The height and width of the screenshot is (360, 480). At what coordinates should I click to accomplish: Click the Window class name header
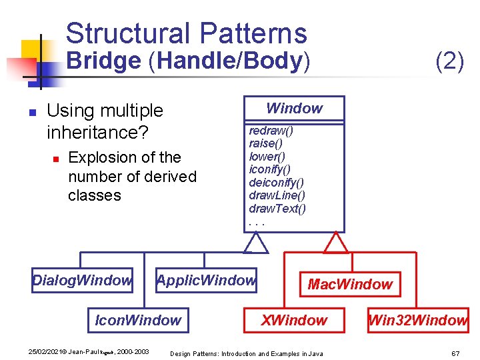click(x=294, y=108)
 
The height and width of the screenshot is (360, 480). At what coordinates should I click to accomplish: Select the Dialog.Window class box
click(x=82, y=281)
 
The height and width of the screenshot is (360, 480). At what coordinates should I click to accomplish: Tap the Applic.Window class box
click(x=206, y=281)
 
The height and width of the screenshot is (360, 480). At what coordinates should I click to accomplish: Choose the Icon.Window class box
click(x=138, y=321)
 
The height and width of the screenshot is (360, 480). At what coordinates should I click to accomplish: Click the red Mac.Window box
click(x=350, y=285)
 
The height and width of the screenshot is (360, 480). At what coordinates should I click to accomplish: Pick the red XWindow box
click(x=294, y=321)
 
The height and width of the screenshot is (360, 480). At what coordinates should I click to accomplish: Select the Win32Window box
click(x=417, y=321)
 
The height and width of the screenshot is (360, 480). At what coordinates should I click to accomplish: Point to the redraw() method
click(x=271, y=131)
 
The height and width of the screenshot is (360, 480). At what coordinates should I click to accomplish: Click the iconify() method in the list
click(x=269, y=169)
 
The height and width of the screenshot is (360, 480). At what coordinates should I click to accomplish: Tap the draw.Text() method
click(x=277, y=209)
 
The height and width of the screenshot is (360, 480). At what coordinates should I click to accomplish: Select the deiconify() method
click(x=276, y=182)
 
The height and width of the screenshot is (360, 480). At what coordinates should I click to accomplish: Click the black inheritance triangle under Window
click(x=255, y=243)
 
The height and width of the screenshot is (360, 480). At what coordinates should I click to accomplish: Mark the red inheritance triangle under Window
click(x=335, y=243)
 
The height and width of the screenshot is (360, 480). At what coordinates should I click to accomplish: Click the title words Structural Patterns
click(x=186, y=33)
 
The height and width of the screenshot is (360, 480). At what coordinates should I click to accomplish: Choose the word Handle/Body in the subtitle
click(x=229, y=61)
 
